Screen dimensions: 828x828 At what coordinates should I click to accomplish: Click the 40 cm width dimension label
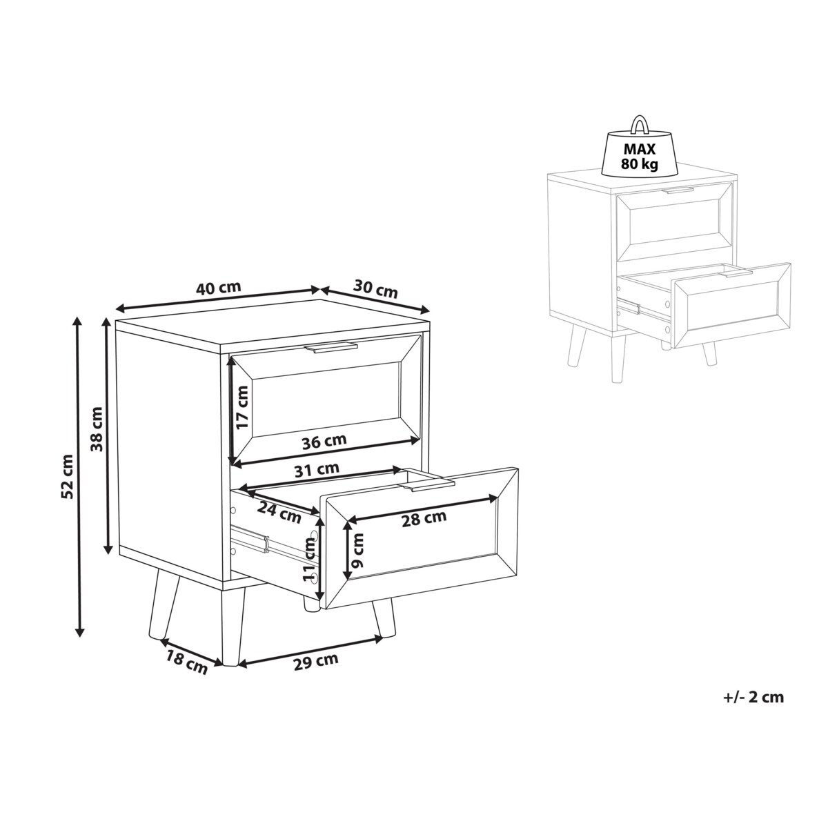click(x=218, y=288)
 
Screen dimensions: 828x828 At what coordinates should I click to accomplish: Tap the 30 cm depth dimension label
click(x=375, y=288)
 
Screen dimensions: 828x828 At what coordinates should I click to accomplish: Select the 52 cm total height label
click(x=68, y=477)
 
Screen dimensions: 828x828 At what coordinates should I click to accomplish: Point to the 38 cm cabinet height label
click(x=97, y=428)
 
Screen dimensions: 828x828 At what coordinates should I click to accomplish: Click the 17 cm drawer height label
click(x=243, y=407)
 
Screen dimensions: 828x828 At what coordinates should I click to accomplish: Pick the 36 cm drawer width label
click(x=324, y=442)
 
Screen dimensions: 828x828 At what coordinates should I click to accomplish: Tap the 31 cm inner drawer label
click(x=317, y=469)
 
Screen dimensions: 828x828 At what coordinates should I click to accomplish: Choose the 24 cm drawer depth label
click(x=279, y=513)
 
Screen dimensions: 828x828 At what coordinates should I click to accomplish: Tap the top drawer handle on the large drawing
click(x=331, y=348)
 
